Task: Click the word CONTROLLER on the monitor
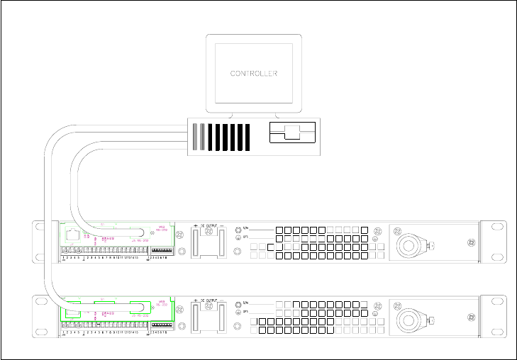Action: tap(254, 73)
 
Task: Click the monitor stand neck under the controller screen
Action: tap(253, 113)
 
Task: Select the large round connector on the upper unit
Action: tap(410, 244)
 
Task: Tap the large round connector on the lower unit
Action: tap(410, 320)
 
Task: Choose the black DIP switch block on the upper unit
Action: tap(162, 250)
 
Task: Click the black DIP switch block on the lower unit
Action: tap(162, 325)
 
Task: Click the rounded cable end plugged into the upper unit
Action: tap(142, 233)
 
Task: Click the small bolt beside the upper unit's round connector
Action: tap(432, 245)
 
